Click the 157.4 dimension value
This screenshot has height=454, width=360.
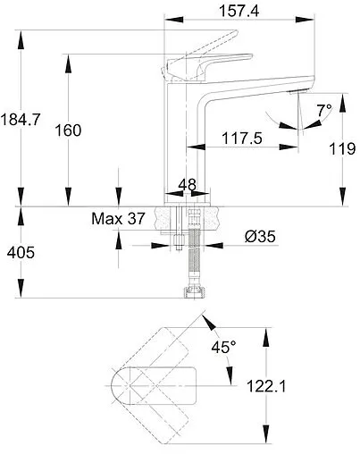[x=239, y=12]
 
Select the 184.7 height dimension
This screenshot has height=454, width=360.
[x=20, y=120]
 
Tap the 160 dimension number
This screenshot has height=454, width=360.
[x=68, y=130]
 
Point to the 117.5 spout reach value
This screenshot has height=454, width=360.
[x=242, y=139]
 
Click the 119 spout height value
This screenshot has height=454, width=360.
[x=342, y=148]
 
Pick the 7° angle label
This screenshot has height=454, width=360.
[x=324, y=111]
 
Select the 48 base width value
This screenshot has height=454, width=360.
[x=188, y=185]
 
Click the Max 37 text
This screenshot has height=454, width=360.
[x=118, y=219]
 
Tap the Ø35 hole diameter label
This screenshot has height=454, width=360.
[x=260, y=237]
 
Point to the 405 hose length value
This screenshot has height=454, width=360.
[x=21, y=253]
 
